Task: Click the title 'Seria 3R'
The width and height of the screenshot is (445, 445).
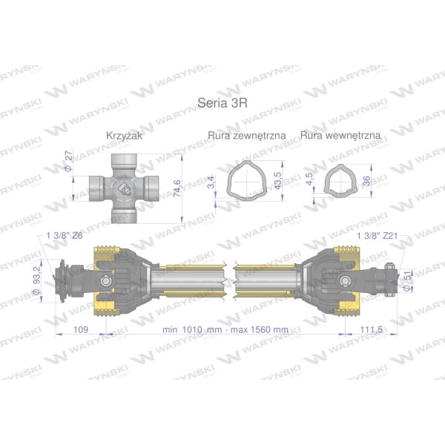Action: [222, 103]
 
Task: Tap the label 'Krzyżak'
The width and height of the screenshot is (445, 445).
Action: [124, 136]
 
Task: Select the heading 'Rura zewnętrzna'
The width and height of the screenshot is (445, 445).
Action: [247, 136]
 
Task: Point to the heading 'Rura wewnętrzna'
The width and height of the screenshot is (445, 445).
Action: [340, 135]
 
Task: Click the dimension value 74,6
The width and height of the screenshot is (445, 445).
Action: [177, 188]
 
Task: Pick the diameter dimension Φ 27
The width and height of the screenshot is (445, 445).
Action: [69, 161]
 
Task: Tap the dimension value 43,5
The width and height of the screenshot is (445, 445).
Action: [278, 181]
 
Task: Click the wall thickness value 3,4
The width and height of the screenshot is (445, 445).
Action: [211, 182]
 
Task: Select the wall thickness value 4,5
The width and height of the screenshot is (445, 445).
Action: [309, 179]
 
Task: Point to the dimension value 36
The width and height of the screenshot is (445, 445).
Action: [366, 181]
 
